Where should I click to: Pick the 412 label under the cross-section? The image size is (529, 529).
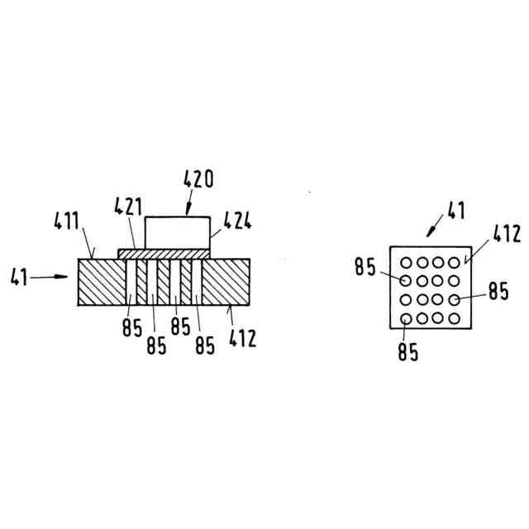[x=242, y=337]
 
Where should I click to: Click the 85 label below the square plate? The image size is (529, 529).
[x=407, y=352]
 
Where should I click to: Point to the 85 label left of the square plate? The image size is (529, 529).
[x=365, y=267]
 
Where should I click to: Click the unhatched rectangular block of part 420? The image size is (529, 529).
[x=178, y=231]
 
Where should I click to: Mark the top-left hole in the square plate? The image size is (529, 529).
[x=407, y=263]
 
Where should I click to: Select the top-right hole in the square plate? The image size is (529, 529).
[x=453, y=263]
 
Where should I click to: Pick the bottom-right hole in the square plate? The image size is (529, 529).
[x=453, y=318]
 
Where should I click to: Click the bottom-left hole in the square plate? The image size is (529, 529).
[x=407, y=319]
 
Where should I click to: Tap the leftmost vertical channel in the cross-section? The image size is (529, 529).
[x=131, y=283]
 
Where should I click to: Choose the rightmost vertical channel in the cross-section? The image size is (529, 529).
[x=197, y=283]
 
